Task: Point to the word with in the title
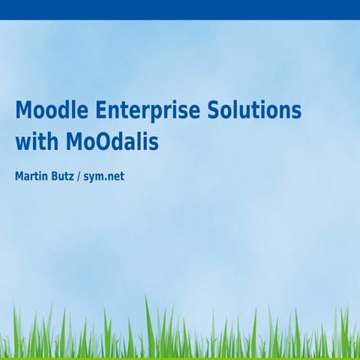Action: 33,142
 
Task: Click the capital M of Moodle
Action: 23,110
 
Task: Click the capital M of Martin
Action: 19,178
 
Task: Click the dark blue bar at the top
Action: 180,9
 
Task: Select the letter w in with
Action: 22,143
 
